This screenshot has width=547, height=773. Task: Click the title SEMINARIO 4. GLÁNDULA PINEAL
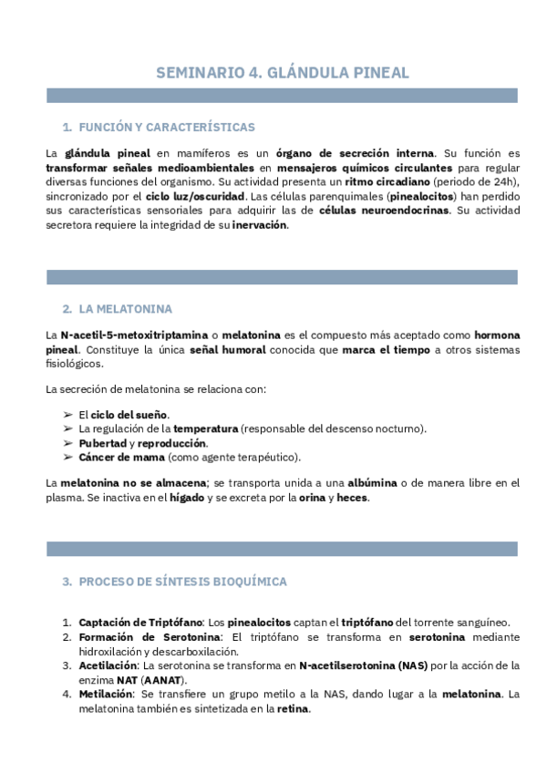[283, 72]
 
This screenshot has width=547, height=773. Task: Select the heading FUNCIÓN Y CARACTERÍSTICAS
[167, 127]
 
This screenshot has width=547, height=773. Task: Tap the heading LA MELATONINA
[125, 309]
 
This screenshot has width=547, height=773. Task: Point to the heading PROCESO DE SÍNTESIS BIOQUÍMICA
[182, 581]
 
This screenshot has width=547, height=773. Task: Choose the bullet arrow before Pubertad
[68, 443]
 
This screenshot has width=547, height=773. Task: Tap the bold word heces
[352, 498]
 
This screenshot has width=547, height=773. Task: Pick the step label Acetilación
[108, 665]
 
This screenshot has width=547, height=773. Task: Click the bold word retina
[294, 709]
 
